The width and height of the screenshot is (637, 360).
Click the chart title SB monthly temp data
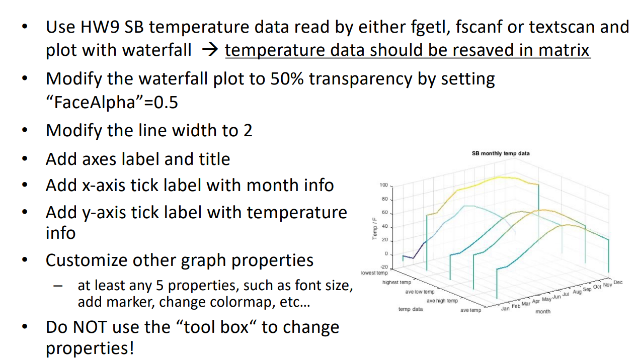pos(500,153)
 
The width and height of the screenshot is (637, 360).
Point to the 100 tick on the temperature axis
pos(383,186)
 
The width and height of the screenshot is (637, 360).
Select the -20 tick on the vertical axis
pos(383,267)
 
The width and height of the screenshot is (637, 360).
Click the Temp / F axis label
pos(375,228)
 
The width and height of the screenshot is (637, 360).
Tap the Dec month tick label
pos(618,283)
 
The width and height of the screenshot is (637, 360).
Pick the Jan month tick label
pos(505,308)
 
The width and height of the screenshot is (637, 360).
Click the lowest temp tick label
pos(374,273)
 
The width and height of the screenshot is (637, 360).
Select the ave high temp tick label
pos(442,301)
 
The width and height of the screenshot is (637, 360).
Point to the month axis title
pos(542,312)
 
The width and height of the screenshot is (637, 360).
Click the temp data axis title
pos(411,309)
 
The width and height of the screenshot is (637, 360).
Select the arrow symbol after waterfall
pos(208,50)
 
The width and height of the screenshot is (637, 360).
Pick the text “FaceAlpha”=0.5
pos(112,103)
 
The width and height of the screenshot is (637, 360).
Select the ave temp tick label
pos(470,310)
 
